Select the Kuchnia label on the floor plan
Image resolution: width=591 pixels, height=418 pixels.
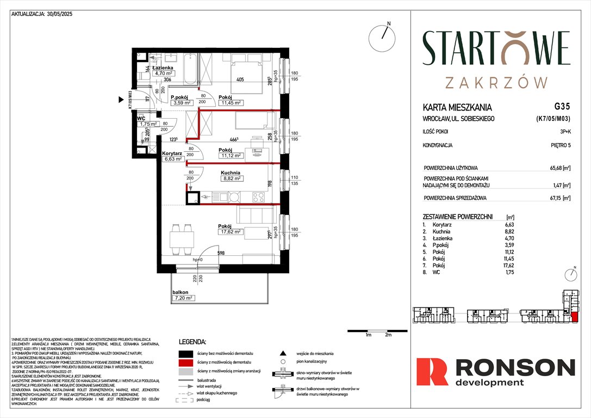(x=231, y=172)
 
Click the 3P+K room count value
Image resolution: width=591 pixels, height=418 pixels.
(x=562, y=131)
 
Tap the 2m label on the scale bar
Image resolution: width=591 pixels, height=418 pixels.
(x=388, y=335)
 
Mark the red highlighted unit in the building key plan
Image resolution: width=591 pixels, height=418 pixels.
(x=574, y=317)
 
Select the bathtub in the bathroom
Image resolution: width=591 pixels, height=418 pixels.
(x=192, y=69)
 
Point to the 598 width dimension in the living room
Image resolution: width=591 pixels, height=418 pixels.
(x=221, y=253)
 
